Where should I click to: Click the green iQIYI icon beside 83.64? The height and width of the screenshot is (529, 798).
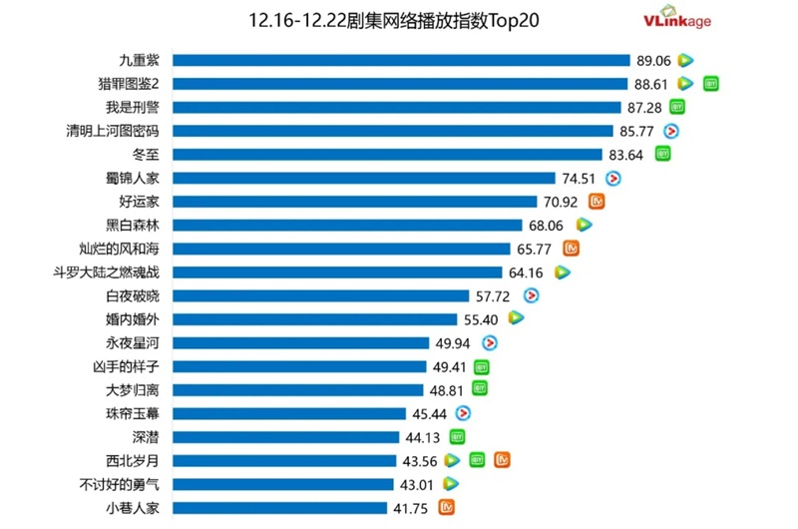point(662,154)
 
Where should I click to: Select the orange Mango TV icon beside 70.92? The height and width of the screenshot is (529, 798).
point(598,202)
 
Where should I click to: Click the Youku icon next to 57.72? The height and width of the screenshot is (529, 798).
point(531,295)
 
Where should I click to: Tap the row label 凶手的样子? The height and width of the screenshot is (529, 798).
point(133,366)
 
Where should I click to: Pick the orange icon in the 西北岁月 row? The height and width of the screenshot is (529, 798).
point(503,460)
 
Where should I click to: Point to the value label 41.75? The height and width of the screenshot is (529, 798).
point(413,508)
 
